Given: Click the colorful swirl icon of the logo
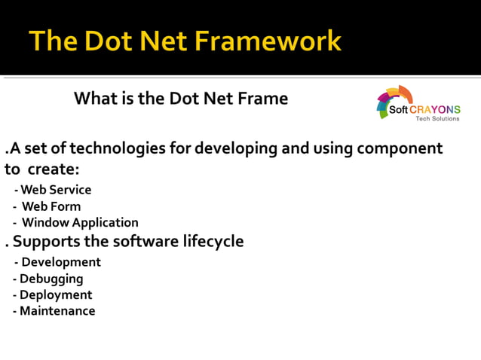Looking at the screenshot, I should click(394, 102).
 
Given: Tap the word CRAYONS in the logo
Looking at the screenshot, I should click(436, 109).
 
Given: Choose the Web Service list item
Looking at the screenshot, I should click(54, 190).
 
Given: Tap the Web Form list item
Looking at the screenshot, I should click(50, 206).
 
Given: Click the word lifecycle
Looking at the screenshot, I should click(210, 242).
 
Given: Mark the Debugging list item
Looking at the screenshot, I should click(51, 279).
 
